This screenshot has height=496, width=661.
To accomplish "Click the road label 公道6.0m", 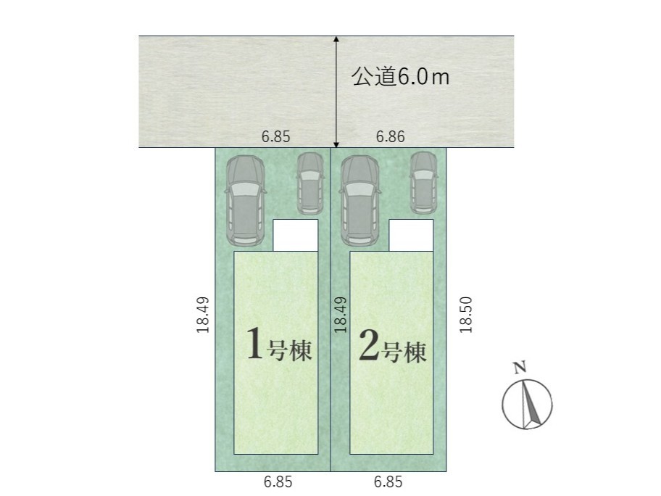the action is [x=401, y=77].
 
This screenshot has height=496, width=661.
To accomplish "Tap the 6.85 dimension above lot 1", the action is [x=275, y=136].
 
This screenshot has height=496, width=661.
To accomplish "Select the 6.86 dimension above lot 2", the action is [x=391, y=136].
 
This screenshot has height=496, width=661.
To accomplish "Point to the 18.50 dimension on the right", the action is [x=466, y=315].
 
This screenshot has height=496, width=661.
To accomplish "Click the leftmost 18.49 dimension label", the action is [x=203, y=315].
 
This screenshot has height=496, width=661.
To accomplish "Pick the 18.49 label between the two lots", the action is [x=340, y=315].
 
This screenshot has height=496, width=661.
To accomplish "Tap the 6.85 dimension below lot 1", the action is [x=278, y=481].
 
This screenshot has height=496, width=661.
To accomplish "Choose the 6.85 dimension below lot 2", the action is [x=388, y=481].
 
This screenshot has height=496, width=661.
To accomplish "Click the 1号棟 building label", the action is [x=279, y=344].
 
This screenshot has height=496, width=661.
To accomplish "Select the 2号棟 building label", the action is [x=393, y=347].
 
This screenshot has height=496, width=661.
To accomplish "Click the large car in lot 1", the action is [x=245, y=201].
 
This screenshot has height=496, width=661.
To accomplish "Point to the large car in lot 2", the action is [x=359, y=201].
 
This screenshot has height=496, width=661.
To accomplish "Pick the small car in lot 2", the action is [x=424, y=183].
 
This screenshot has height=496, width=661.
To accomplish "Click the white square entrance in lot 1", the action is [x=296, y=236].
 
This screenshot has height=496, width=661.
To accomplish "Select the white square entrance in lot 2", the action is [x=411, y=236].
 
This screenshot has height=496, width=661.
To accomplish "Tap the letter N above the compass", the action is [x=520, y=368].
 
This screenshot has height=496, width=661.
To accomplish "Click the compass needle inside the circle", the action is [x=531, y=402].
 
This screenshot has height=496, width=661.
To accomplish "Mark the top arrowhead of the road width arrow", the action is [x=336, y=39].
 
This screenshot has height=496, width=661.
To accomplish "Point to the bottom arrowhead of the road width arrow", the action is [x=336, y=144].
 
